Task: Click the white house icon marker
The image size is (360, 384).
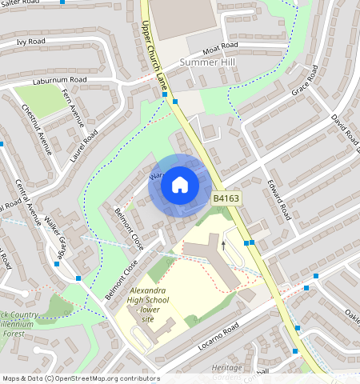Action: click(x=180, y=186)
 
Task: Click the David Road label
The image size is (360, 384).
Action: click(x=343, y=128)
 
